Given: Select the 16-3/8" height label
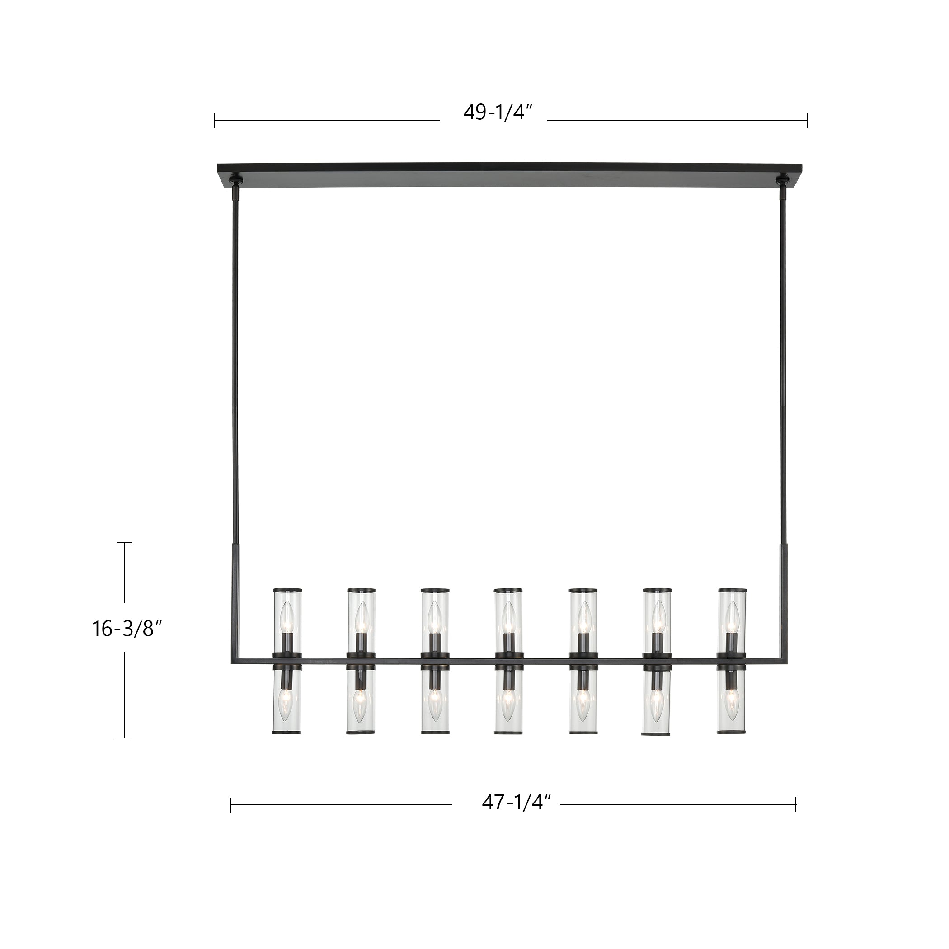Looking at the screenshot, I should coord(126,629).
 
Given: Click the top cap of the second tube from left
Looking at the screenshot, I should coord(361,589).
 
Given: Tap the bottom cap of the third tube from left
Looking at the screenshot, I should coord(435,746).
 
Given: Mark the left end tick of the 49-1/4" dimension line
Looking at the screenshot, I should coord(215,121).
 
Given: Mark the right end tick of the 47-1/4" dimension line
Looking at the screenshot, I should coord(795,804).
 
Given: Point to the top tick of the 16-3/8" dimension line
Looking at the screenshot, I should coord(124,543).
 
